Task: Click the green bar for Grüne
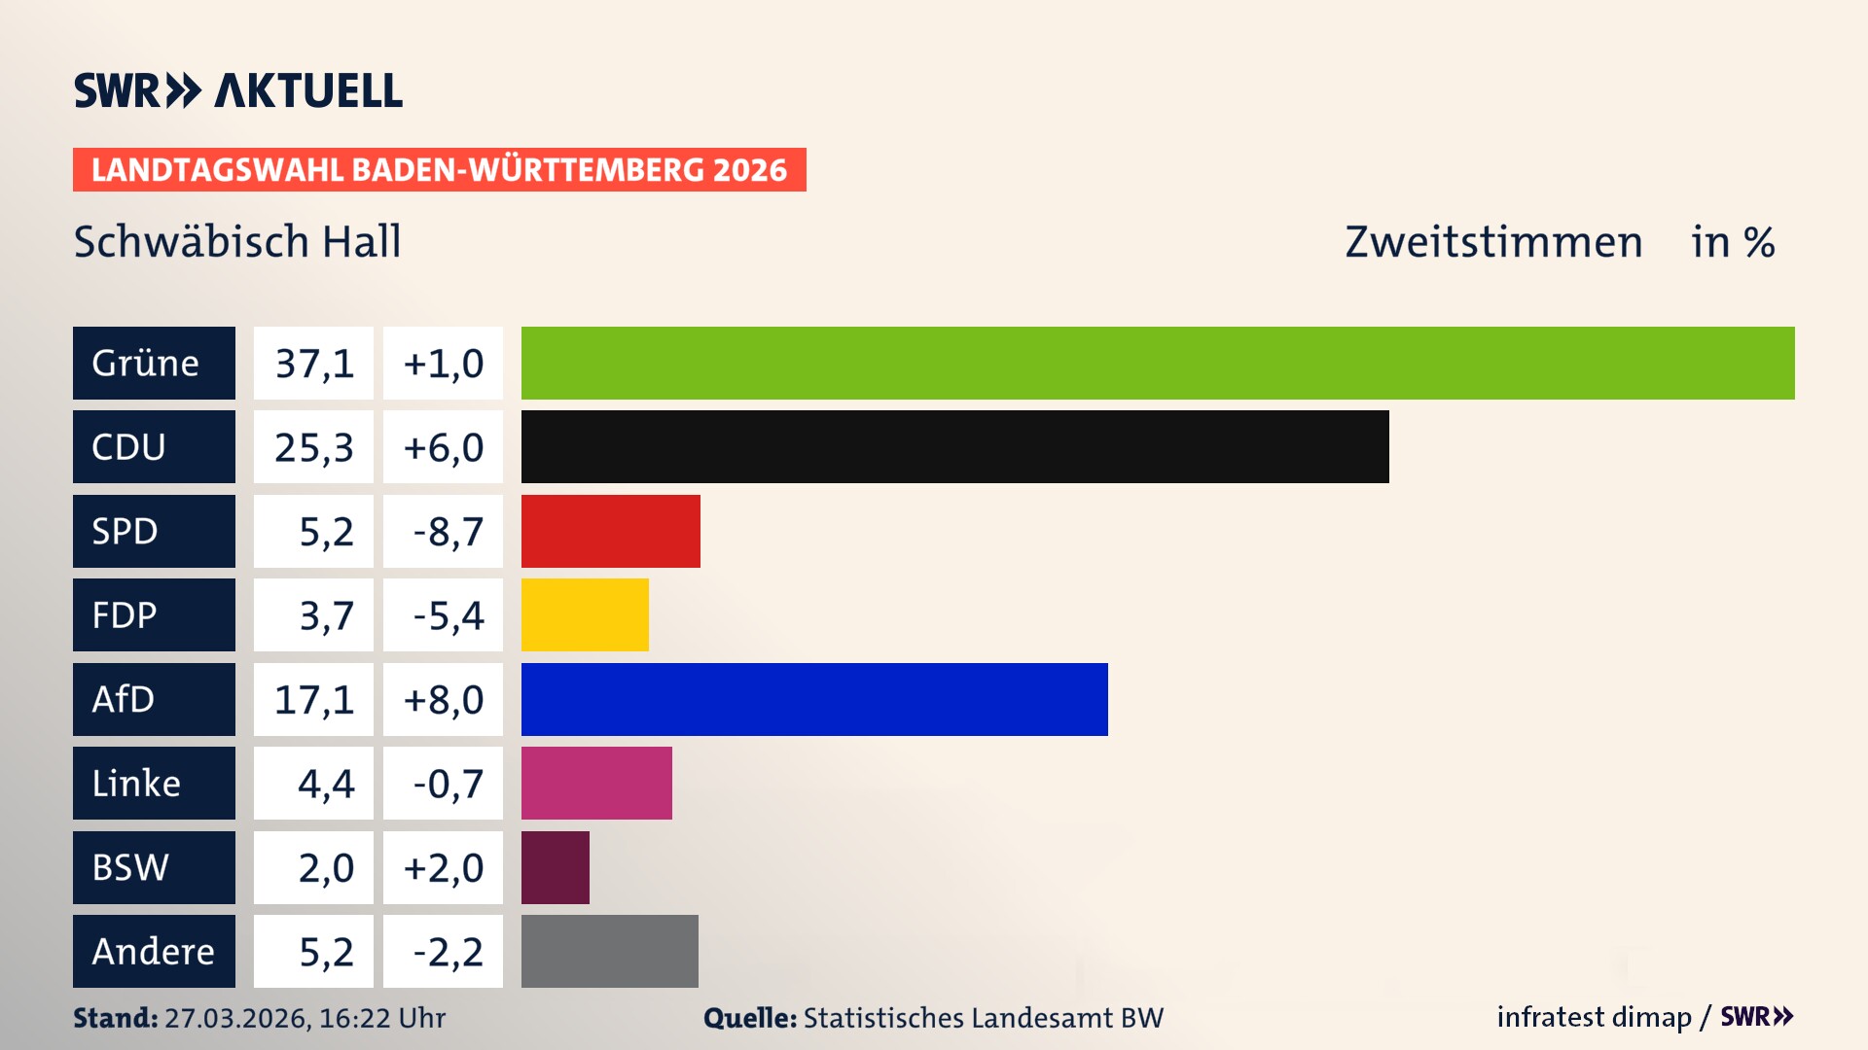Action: (1158, 363)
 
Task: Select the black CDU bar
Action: (954, 447)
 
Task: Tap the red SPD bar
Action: (610, 531)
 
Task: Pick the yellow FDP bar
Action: (585, 614)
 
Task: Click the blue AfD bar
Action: (814, 699)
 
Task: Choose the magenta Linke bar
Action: (596, 783)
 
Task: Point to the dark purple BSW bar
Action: (555, 867)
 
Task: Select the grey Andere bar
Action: (609, 951)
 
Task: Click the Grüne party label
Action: (154, 363)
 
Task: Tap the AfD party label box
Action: (154, 699)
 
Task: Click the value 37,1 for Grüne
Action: (313, 364)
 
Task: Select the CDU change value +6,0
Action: (443, 447)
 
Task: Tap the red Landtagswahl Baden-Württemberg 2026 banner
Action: (439, 169)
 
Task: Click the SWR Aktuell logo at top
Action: (238, 90)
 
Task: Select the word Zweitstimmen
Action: (1493, 242)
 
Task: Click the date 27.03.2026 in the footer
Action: (236, 1018)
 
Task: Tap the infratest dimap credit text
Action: (1594, 1017)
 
